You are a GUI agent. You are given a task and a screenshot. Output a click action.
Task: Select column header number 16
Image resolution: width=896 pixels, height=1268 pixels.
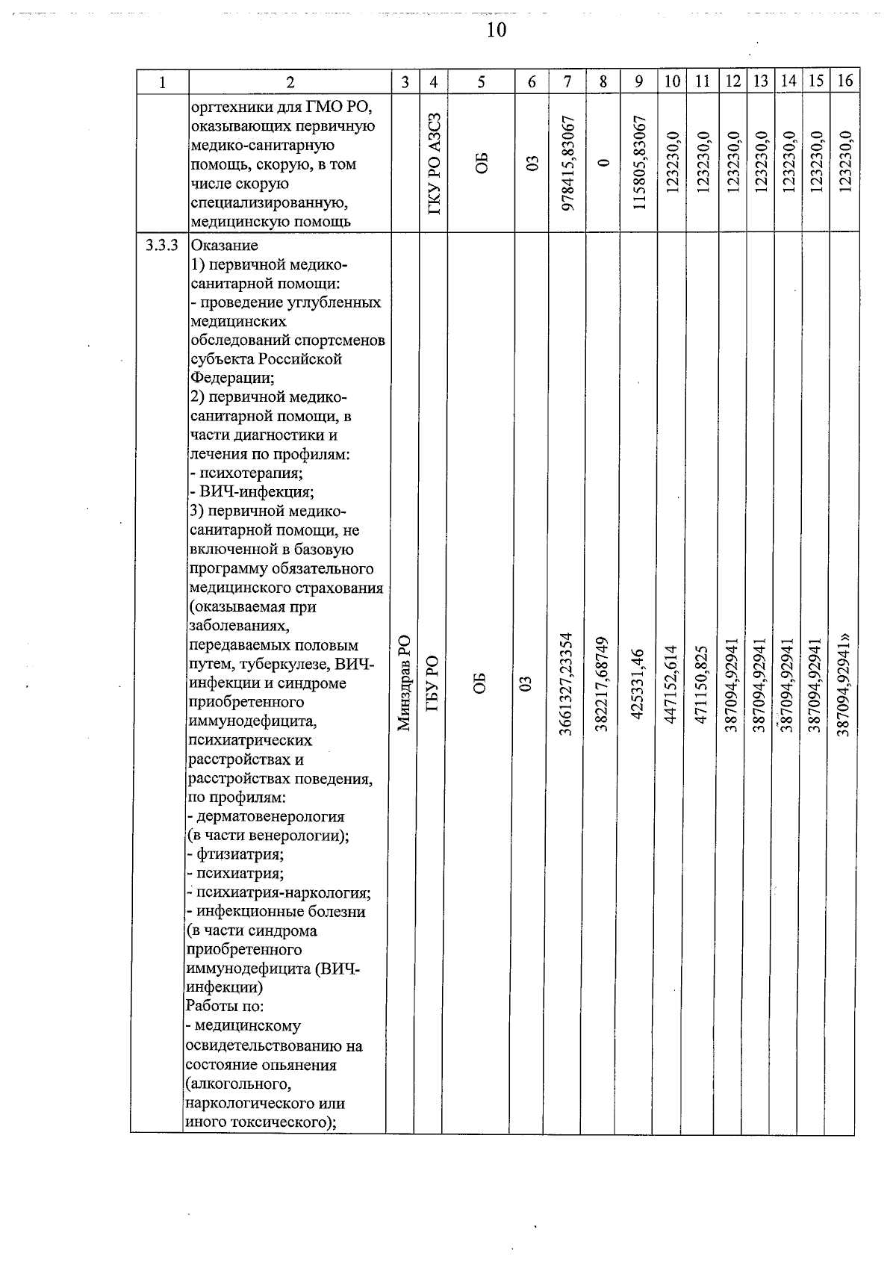click(x=844, y=81)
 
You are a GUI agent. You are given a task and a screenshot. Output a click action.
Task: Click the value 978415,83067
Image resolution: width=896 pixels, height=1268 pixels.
click(x=569, y=164)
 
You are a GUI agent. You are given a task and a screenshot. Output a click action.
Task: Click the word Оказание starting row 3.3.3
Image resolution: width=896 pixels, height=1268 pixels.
click(x=225, y=246)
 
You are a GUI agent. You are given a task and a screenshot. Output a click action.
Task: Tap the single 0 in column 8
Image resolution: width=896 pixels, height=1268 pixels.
click(x=604, y=164)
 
